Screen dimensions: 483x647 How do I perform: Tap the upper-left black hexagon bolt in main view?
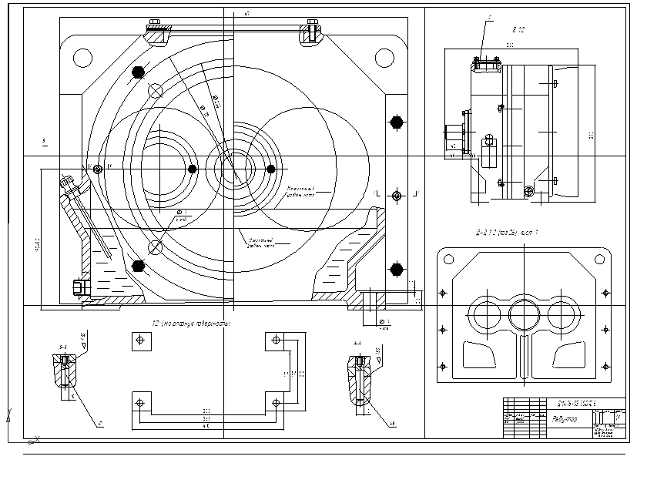(139, 72)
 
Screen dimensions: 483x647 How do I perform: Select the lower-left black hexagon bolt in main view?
(139, 267)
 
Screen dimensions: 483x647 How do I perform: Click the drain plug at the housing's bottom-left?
(78, 287)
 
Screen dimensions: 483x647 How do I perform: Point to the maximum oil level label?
(301, 190)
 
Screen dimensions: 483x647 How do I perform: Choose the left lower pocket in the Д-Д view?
(479, 356)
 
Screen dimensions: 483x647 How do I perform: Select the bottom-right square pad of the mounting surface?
(276, 403)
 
